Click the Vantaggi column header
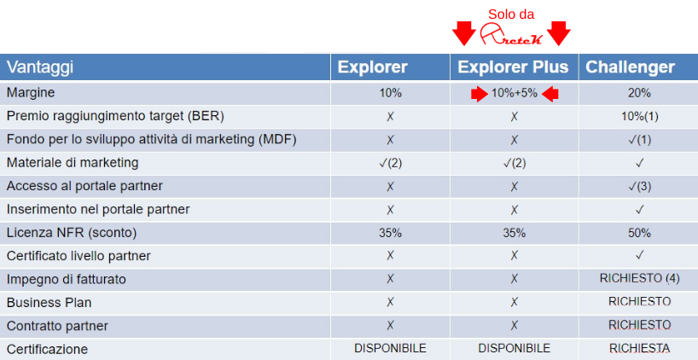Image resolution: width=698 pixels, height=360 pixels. pyautogui.click(x=40, y=67)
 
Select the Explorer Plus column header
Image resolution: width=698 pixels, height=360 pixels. pyautogui.click(x=514, y=67)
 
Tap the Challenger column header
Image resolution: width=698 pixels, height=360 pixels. pyautogui.click(x=631, y=67)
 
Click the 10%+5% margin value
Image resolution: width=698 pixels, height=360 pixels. pyautogui.click(x=515, y=94)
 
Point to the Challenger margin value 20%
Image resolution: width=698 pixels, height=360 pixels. pyautogui.click(x=640, y=94)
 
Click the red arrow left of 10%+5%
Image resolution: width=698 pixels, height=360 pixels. pyautogui.click(x=480, y=94)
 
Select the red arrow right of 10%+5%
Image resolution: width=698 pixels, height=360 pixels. pyautogui.click(x=550, y=94)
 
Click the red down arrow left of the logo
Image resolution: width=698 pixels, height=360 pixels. pyautogui.click(x=464, y=33)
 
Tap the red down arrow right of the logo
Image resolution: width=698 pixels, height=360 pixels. pyautogui.click(x=558, y=33)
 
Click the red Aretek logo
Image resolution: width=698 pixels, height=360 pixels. pyautogui.click(x=511, y=34)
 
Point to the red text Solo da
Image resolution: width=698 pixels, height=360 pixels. pyautogui.click(x=511, y=14)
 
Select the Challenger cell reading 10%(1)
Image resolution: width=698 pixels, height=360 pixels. pyautogui.click(x=640, y=117)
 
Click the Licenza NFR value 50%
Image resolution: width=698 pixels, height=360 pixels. pyautogui.click(x=640, y=233)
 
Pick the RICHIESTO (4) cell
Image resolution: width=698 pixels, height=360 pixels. pyautogui.click(x=640, y=279)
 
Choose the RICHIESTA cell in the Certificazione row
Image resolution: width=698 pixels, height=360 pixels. pyautogui.click(x=640, y=348)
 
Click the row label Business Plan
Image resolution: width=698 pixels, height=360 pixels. pyautogui.click(x=49, y=303)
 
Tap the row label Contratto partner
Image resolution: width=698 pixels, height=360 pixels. pyautogui.click(x=58, y=326)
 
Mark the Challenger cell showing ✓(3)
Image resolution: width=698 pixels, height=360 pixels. pyautogui.click(x=640, y=187)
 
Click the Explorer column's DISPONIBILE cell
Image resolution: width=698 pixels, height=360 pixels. pyautogui.click(x=391, y=348)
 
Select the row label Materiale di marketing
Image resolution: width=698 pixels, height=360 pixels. pyautogui.click(x=73, y=163)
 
